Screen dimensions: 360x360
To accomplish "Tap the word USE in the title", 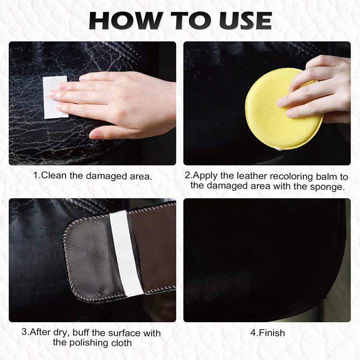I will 241,20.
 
